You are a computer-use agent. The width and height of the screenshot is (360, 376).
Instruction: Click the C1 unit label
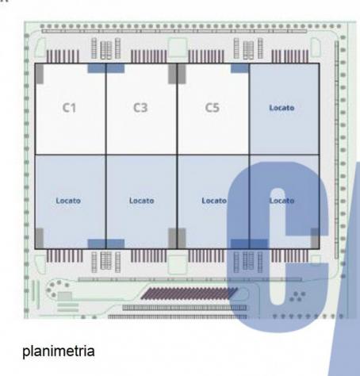[x=69, y=108]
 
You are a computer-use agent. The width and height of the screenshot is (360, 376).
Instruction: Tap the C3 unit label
[x=140, y=108]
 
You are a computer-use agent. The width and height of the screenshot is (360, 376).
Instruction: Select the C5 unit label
[x=213, y=108]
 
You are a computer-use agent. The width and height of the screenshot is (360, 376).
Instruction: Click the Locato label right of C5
[x=281, y=108]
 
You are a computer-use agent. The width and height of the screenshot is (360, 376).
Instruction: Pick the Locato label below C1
[x=68, y=201]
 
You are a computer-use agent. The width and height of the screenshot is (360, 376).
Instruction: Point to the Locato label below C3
[x=142, y=201]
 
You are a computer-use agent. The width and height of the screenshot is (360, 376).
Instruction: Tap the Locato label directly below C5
[x=214, y=201]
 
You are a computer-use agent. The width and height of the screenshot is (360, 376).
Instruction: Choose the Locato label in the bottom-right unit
[x=281, y=201]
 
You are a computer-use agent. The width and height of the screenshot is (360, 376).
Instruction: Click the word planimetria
[x=59, y=351]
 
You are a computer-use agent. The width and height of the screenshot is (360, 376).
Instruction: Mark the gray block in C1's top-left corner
[x=40, y=74]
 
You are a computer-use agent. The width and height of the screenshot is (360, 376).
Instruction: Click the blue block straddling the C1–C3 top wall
[x=105, y=68]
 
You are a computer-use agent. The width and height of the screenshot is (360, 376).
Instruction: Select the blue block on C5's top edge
[x=239, y=68]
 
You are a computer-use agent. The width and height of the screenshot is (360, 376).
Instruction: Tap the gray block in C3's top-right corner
[x=172, y=74]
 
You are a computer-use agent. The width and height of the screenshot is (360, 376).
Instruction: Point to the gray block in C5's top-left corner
[x=182, y=74]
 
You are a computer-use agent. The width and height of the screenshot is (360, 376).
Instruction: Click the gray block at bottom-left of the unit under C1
[x=40, y=238]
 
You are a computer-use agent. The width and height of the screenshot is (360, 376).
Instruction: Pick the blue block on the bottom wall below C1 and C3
[x=105, y=244]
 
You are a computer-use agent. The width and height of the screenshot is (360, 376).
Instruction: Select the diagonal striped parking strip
[x=190, y=294]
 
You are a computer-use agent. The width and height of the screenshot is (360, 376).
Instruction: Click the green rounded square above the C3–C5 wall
[x=178, y=48]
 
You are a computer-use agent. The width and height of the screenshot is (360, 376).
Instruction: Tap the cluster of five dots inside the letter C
[x=297, y=297]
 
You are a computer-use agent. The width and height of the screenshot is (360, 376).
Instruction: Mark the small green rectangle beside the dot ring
[x=65, y=296]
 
